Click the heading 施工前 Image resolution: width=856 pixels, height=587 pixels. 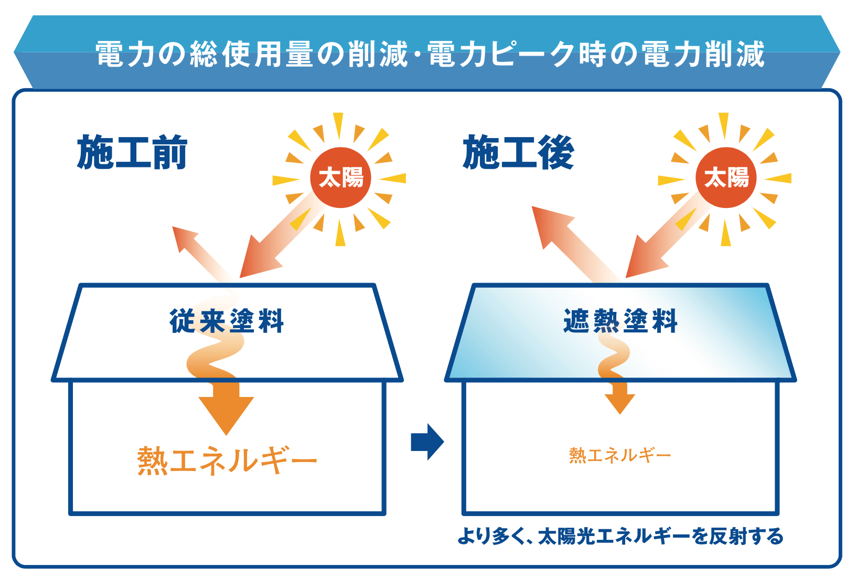[x=132, y=152]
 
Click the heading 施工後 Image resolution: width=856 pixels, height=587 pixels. [x=518, y=152]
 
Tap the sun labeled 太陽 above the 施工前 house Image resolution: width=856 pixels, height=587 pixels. [x=340, y=178]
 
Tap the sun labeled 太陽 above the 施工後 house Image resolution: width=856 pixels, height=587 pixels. [x=726, y=178]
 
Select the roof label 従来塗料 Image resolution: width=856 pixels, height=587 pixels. [x=227, y=321]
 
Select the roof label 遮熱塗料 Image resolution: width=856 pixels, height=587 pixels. [x=620, y=321]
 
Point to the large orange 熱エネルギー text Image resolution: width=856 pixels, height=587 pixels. [x=227, y=460]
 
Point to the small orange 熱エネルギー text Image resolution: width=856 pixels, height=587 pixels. [x=620, y=455]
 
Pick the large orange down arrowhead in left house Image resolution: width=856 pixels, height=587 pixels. [x=226, y=413]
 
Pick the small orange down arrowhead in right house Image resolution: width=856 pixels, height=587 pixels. [x=620, y=403]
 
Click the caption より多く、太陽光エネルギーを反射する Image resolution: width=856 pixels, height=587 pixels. [x=620, y=536]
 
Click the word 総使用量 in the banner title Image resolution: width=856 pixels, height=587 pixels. [x=251, y=54]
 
